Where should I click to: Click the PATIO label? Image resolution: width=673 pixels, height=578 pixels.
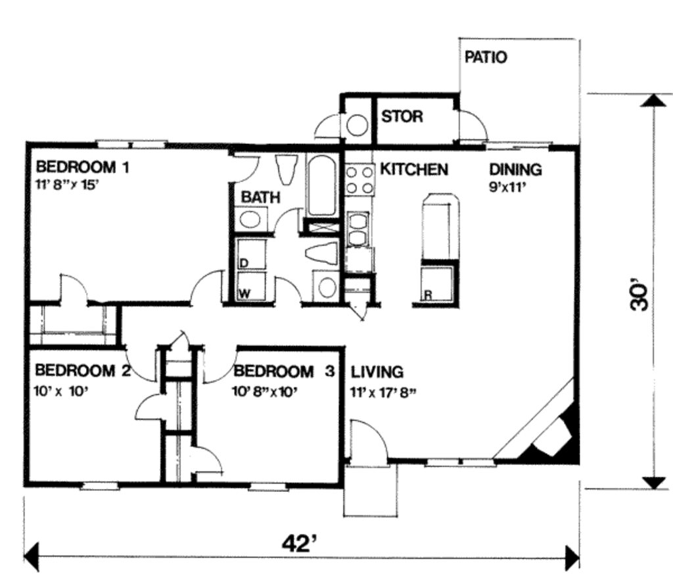point(486,57)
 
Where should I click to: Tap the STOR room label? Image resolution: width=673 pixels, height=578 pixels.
point(402,117)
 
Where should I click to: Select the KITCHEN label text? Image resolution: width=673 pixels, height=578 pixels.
point(414,170)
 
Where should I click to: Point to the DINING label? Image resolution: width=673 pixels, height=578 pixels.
point(515,170)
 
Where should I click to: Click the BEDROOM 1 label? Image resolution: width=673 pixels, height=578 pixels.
point(82,167)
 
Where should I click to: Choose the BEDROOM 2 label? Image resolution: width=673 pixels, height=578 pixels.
point(83,372)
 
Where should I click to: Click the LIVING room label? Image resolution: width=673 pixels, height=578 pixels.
point(377,372)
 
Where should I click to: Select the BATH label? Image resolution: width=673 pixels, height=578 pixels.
point(260,197)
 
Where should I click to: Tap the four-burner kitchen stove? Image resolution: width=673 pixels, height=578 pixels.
point(360,180)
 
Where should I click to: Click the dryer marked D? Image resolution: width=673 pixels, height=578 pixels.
point(250,254)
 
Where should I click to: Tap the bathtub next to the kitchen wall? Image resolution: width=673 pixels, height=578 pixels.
point(322,185)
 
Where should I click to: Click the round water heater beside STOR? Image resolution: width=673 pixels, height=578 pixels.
point(357,125)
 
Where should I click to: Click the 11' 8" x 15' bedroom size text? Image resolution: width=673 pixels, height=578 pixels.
point(67,184)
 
